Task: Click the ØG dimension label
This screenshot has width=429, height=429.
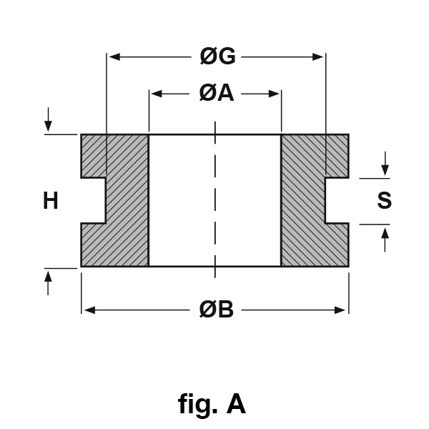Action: tap(217, 56)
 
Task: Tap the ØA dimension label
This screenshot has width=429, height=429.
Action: tap(216, 94)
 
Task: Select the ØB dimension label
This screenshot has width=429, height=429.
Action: tap(217, 310)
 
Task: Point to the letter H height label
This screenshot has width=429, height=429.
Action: tap(50, 202)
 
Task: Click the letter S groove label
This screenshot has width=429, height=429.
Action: tap(384, 202)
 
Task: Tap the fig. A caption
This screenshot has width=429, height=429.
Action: tap(212, 405)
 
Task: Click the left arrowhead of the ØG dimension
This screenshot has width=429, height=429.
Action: tap(112, 56)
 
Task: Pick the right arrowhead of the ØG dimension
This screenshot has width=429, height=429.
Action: tap(320, 56)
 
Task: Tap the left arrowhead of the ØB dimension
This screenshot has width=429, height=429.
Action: tap(88, 310)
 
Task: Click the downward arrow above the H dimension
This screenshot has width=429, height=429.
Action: tap(49, 124)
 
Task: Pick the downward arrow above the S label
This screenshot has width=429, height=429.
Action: tap(385, 169)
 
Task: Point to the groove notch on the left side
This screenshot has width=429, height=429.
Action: tap(93, 201)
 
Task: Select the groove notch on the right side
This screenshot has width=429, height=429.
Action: tap(337, 201)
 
